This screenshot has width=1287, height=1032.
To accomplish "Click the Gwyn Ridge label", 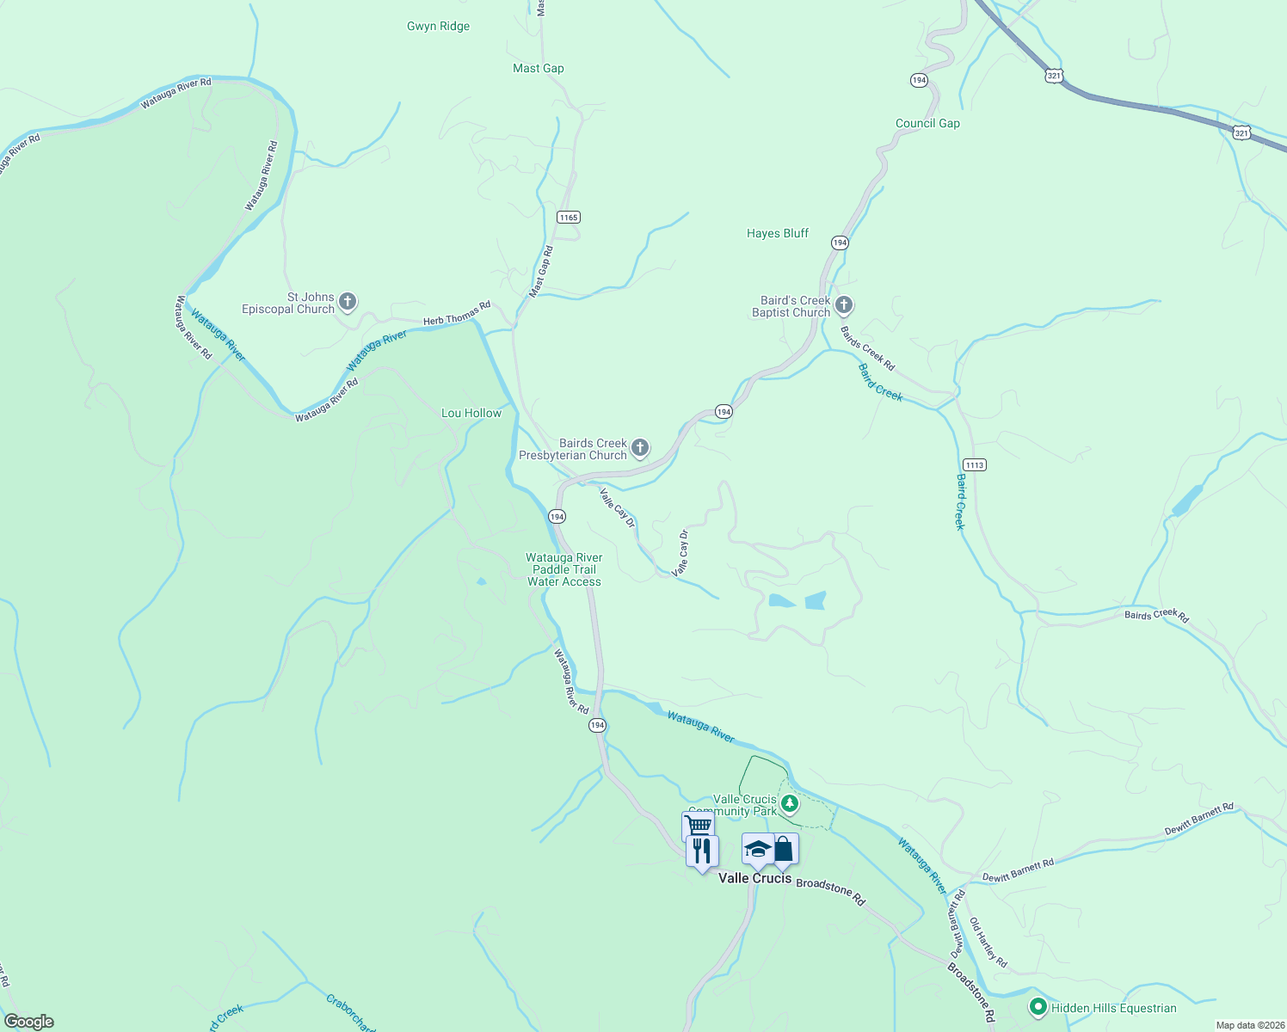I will coord(438,27).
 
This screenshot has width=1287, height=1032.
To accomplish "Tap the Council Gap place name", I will coord(927,124).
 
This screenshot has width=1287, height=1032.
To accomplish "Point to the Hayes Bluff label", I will coord(778,234).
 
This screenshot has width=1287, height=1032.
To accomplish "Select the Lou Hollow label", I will coord(471,414).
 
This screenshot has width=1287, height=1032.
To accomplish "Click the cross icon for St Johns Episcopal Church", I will coord(348,302).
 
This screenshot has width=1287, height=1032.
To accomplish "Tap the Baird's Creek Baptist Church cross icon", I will coord(844,305).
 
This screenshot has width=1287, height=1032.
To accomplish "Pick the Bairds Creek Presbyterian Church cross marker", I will coord(639,448).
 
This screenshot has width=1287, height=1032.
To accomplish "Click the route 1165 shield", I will coord(568,218).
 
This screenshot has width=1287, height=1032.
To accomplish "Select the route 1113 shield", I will coord(974,465).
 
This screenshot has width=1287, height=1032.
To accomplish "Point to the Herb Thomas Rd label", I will coord(457,314).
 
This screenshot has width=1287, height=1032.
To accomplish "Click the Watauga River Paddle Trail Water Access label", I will coord(564,570).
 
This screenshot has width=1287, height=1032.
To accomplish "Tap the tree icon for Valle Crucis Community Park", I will coord(789,805).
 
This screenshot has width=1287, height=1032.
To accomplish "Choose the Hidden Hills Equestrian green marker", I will coord(1038,1007).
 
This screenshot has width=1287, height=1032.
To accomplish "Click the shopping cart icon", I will coord(698,826).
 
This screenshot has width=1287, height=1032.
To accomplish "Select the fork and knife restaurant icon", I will coord(702,851).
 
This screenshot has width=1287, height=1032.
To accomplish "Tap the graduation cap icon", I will coord(757,849).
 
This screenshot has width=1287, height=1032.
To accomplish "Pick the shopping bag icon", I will coord(784,849).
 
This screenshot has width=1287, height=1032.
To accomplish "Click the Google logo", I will coord(29,1022).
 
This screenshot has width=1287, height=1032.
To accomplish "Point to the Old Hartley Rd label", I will coord(988,943).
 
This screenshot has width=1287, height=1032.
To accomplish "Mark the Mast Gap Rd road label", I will coord(541,273).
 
